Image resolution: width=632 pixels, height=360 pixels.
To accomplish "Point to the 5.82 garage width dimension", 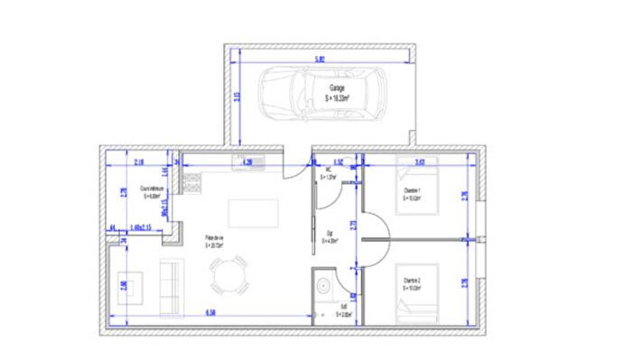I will coord(320,60).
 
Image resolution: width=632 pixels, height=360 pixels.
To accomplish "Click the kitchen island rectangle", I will coord(248,213).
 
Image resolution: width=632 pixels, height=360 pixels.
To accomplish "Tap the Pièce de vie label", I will coord(213,241).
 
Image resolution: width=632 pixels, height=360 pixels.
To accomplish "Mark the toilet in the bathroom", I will coord(324,287).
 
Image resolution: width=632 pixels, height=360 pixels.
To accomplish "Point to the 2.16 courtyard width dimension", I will coord(139,162).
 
